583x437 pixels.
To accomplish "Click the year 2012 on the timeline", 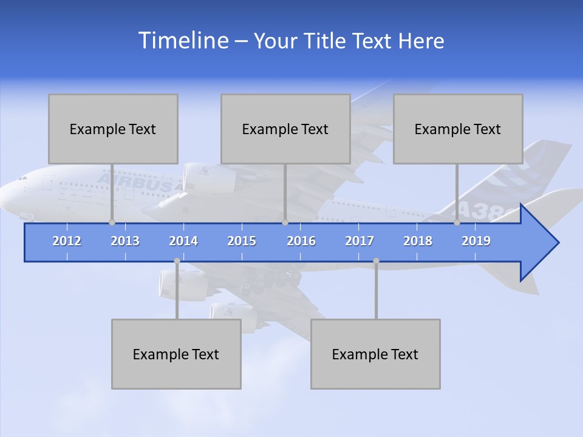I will pos(67,241).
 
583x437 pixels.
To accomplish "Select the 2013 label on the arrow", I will pos(125,241).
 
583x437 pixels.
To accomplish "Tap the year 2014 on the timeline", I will pos(183,241).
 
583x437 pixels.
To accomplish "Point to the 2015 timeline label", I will pos(242,241).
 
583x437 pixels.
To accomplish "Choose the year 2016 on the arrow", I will pos(301,241).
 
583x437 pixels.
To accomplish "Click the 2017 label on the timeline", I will pos(360,241).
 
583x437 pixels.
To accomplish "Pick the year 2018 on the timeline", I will pos(418,241).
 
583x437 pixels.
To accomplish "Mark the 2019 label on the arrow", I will pos(476,241).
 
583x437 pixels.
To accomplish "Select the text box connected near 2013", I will pos(113,129).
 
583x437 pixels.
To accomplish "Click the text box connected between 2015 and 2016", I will pos(285,129).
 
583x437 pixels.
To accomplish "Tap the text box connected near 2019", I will pos(458,129).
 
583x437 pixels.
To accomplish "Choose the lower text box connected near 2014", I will pos(176,354).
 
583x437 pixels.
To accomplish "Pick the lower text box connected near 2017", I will pos(375,354).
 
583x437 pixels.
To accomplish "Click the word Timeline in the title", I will pos(183,41).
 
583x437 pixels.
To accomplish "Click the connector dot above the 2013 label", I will pos(112,223).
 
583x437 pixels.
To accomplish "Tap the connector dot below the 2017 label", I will pos(376,261).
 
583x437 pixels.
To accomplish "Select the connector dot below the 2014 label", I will pos(177,261).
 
